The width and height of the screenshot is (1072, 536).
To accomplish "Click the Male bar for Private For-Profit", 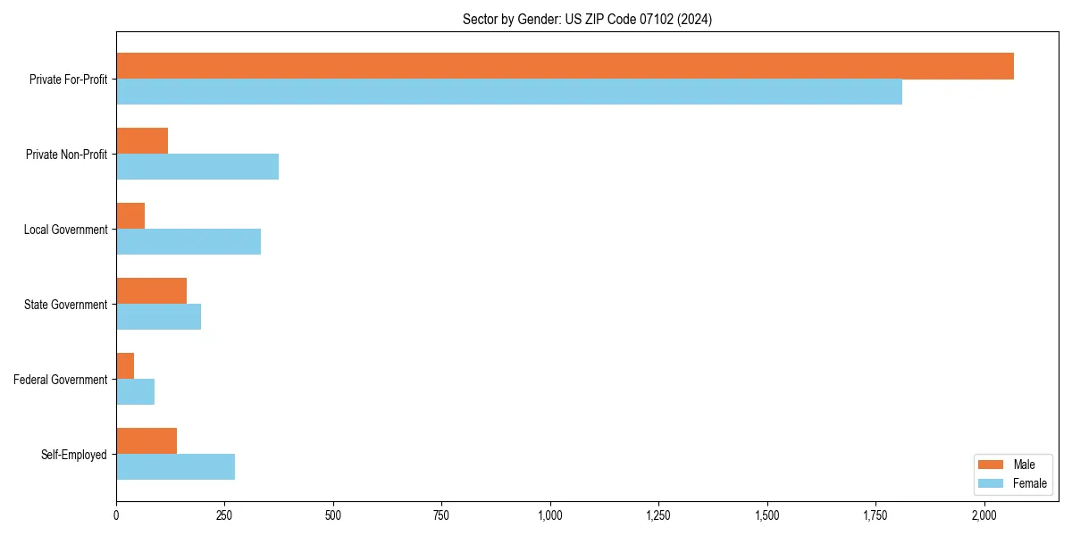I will (x=565, y=66).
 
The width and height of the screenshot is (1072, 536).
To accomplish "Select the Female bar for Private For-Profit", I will (x=509, y=92).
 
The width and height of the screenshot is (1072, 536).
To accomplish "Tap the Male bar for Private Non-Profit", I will (x=142, y=141).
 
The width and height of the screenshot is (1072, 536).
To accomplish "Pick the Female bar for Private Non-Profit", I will (x=197, y=167).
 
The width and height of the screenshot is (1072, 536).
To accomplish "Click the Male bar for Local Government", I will (x=130, y=216).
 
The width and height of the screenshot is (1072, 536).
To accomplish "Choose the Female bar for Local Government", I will (x=188, y=242).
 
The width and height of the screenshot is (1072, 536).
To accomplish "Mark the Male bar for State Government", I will (x=152, y=291).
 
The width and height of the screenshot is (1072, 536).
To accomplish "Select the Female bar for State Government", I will (x=159, y=317).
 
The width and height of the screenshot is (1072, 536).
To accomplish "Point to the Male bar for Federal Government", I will (x=125, y=366).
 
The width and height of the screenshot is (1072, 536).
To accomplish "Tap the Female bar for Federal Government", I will (x=136, y=392).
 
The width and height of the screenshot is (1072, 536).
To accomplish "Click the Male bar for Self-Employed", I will (x=147, y=441).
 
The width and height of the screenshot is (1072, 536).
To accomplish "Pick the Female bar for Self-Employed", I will (x=176, y=467).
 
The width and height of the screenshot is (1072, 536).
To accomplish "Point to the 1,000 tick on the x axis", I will (x=550, y=515).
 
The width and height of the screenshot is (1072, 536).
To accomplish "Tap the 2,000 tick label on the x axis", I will (x=984, y=515).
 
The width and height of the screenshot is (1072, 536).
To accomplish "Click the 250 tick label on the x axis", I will (x=224, y=515).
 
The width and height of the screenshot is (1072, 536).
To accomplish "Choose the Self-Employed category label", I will (x=74, y=455).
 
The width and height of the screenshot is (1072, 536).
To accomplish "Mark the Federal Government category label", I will (x=61, y=380).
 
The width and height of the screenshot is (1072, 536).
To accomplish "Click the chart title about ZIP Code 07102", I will (x=587, y=19).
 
